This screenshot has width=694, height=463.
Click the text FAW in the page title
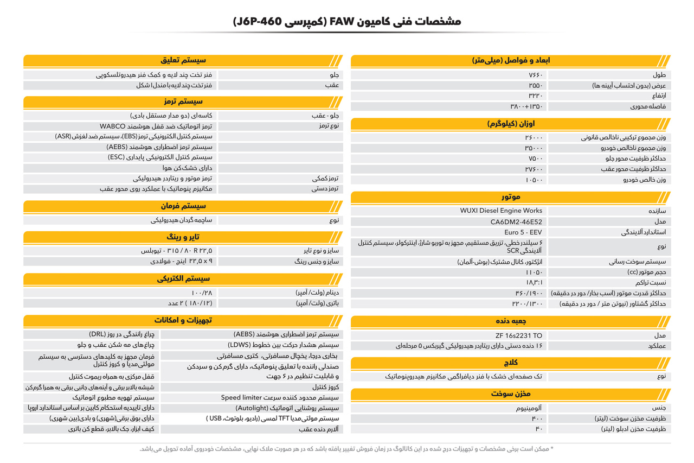(x=342, y=22)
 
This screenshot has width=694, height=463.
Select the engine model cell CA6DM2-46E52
(x=516, y=221)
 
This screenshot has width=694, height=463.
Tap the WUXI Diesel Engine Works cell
(x=501, y=211)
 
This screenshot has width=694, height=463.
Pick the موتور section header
(x=511, y=196)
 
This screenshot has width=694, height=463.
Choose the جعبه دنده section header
(x=511, y=321)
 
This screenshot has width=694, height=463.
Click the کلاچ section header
(x=511, y=363)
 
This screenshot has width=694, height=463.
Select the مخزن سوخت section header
(x=511, y=394)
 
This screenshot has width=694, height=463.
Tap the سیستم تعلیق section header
(x=184, y=60)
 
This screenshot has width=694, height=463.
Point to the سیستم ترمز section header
(x=184, y=102)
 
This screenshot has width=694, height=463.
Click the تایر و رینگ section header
(x=184, y=237)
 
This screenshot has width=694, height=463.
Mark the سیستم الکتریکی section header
(x=184, y=279)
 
